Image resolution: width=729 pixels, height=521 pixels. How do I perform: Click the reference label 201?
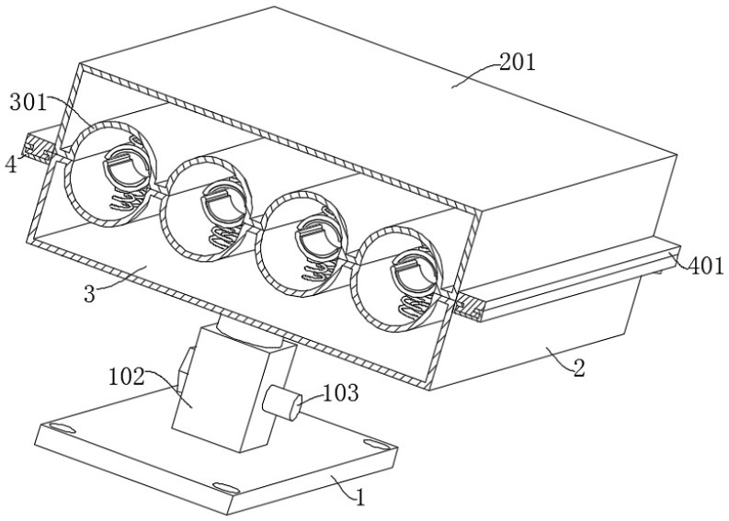[x=518, y=62]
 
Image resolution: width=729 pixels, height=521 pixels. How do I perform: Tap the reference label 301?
[x=28, y=101]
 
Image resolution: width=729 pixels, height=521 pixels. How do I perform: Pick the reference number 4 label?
[x=10, y=165]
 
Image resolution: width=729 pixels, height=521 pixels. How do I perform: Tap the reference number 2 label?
[x=578, y=369]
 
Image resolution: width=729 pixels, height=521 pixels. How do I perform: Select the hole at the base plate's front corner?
[x=223, y=487]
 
